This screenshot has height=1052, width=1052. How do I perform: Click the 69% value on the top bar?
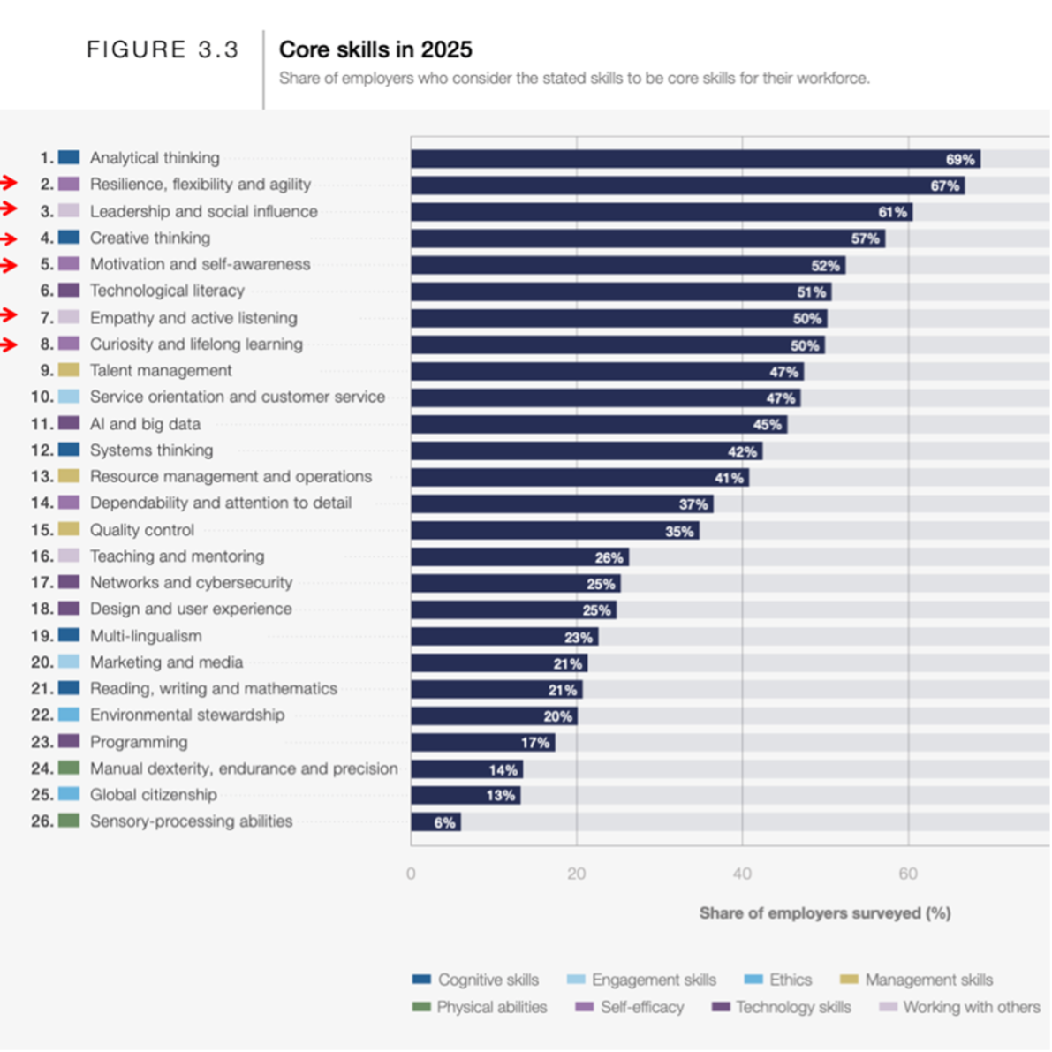[x=960, y=160]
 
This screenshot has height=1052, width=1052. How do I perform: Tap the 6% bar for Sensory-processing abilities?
[x=435, y=822]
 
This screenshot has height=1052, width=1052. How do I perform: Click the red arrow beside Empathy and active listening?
[x=8, y=314]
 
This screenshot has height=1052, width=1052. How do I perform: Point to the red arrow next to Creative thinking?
[x=8, y=238]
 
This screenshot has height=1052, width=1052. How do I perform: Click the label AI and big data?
[x=145, y=424]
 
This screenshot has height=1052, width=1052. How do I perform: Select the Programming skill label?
[x=139, y=742]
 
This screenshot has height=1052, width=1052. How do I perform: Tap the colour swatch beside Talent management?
[x=69, y=370]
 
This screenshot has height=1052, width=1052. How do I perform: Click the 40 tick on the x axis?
[x=742, y=874]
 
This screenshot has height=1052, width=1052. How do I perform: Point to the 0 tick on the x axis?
[x=411, y=874]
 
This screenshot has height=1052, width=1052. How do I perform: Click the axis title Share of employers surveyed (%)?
[x=824, y=913]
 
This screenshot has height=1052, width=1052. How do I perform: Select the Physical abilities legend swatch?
[x=421, y=1007]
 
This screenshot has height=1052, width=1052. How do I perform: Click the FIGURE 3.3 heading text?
[x=163, y=49]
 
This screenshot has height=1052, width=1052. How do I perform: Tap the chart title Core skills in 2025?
[x=375, y=49]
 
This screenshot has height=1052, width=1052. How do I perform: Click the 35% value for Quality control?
[x=679, y=532]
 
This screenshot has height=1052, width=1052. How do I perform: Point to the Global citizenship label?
[x=153, y=795]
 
